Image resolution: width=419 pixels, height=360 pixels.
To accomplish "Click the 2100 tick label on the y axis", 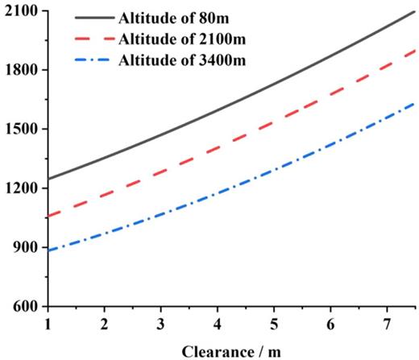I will click(20, 12).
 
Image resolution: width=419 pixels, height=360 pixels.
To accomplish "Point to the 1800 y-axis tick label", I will click(20, 71).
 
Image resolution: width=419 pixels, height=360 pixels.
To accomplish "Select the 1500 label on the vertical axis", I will click(20, 130).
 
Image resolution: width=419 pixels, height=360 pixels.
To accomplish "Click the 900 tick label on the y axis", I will click(23, 247).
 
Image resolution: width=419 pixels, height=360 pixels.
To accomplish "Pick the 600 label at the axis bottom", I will click(23, 307).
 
